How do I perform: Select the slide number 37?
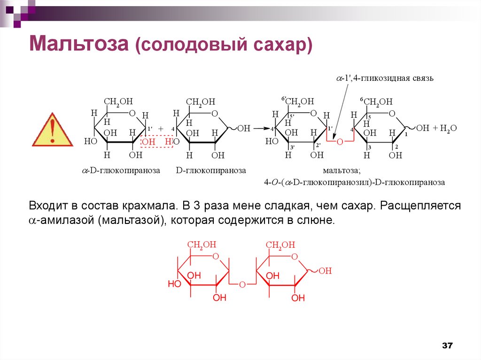pyautogui.click(x=447, y=346)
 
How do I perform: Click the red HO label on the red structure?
pyautogui.click(x=174, y=284)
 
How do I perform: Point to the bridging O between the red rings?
pyautogui.click(x=242, y=284)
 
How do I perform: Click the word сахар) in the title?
pyautogui.click(x=287, y=45)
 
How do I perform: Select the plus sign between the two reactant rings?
pyautogui.click(x=161, y=128)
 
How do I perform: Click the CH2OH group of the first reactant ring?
pyautogui.click(x=118, y=101)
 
